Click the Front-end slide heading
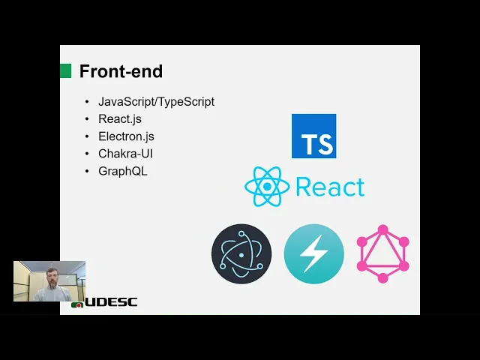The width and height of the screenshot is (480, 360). click(x=121, y=72)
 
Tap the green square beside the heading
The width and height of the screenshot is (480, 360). click(x=65, y=70)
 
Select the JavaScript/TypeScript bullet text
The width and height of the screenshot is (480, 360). click(x=156, y=101)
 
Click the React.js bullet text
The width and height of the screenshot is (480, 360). click(x=120, y=118)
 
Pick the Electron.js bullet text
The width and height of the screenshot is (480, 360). click(x=126, y=136)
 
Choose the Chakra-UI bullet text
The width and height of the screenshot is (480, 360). click(x=125, y=153)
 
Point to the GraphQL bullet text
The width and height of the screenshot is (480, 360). click(x=123, y=170)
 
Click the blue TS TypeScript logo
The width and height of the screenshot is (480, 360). click(x=313, y=136)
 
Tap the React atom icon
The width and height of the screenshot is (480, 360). click(x=267, y=187)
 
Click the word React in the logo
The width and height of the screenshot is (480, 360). click(x=330, y=187)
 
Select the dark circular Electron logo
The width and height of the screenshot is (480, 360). click(x=241, y=253)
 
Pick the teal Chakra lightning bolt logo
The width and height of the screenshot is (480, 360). click(x=313, y=253)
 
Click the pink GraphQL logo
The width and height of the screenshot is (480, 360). click(x=382, y=253)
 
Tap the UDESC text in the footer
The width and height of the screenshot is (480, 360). click(x=111, y=302)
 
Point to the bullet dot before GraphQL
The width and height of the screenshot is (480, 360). click(x=87, y=171)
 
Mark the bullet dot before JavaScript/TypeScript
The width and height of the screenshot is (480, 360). click(x=87, y=102)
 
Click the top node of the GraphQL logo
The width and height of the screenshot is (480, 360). click(x=382, y=229)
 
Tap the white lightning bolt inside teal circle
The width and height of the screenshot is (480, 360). click(x=313, y=254)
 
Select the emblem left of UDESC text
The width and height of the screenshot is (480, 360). click(x=77, y=304)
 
